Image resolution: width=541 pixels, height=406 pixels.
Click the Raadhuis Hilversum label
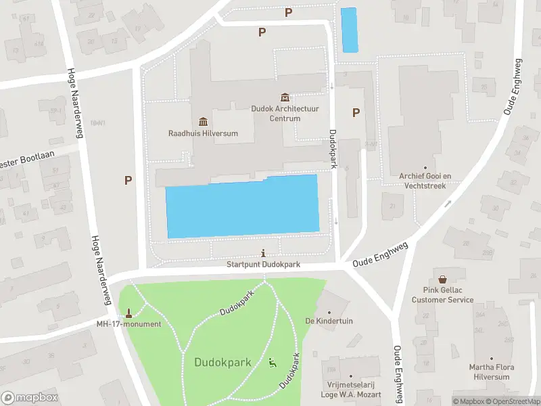click(x=203, y=133)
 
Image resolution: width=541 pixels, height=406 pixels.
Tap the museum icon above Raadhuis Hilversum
click(x=203, y=121)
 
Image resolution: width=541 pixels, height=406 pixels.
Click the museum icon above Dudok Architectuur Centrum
click(x=285, y=97)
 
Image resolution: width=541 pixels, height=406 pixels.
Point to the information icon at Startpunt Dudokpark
click(x=262, y=253)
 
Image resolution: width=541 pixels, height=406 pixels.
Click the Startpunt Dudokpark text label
click(x=262, y=265)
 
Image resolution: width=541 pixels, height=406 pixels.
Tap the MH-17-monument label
click(x=128, y=324)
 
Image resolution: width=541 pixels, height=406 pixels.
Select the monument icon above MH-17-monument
click(x=128, y=313)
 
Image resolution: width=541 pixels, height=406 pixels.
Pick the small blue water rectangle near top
click(x=349, y=30)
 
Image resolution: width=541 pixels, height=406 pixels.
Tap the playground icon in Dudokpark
click(x=273, y=362)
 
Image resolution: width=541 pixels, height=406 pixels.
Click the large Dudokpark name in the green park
click(x=222, y=363)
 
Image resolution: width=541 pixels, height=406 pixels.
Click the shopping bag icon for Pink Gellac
click(x=443, y=279)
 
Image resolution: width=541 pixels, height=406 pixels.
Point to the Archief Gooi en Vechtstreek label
click(x=425, y=179)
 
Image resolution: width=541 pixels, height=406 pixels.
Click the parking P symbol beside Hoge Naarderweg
click(x=127, y=180)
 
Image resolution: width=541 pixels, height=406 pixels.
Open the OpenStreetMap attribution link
click(x=513, y=401)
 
